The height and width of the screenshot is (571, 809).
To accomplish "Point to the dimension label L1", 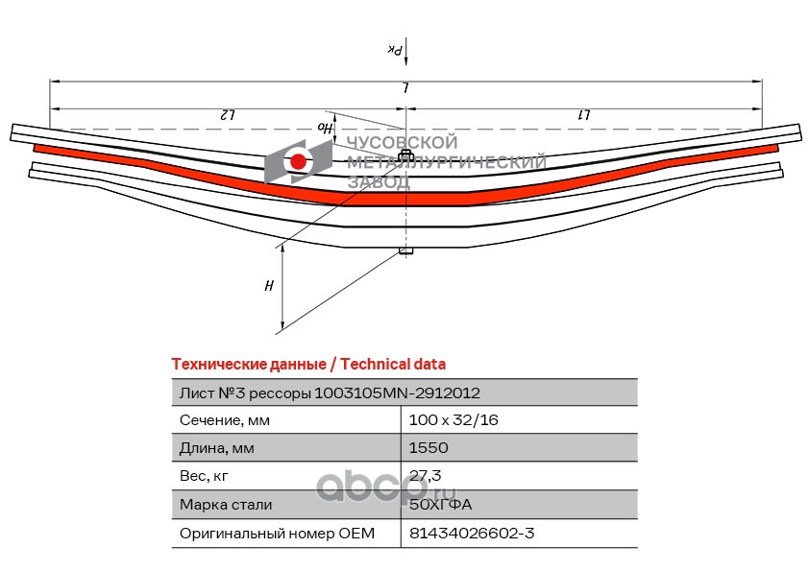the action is click(x=583, y=115).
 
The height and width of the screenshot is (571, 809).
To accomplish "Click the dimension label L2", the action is click(x=228, y=115).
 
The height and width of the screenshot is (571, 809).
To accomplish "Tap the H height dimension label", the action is click(x=269, y=286).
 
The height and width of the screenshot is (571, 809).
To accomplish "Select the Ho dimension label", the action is click(x=327, y=127).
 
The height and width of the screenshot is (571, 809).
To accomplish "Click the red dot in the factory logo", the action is click(x=299, y=162).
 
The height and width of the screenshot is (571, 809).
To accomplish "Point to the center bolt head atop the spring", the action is click(x=405, y=155).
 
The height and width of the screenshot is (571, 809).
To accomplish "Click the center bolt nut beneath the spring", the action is click(x=405, y=252).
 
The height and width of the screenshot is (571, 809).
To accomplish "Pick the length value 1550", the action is click(x=429, y=448).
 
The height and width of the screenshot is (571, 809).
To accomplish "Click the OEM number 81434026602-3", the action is click(x=470, y=533).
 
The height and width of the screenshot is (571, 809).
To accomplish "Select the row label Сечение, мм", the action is click(x=225, y=420).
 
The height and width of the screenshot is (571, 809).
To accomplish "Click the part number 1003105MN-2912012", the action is click(x=398, y=393).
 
